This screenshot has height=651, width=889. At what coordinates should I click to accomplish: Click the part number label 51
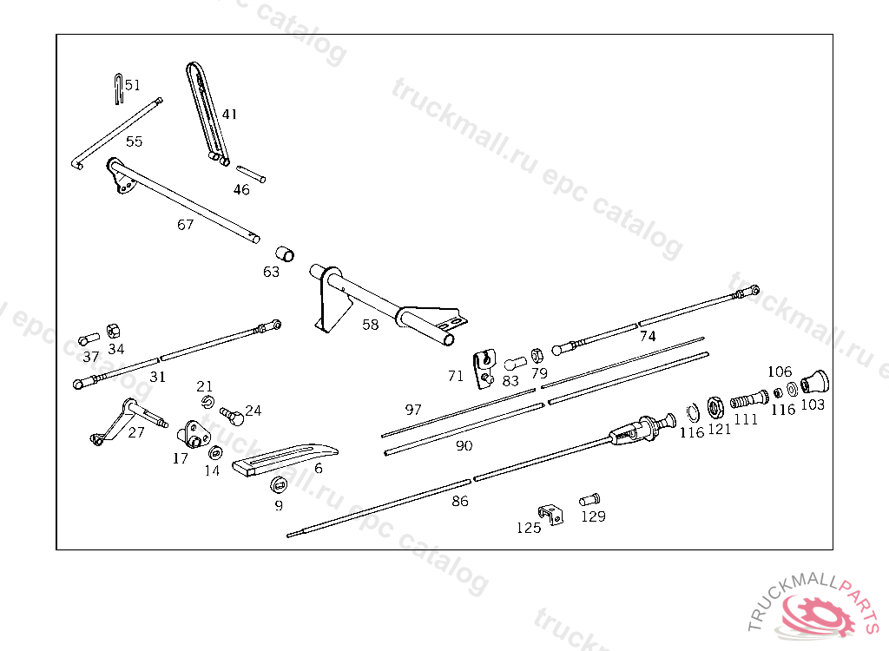[x=132, y=85]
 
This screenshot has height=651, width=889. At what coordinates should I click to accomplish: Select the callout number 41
[x=229, y=114]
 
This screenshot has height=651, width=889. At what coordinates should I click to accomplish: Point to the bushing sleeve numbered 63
[x=285, y=253]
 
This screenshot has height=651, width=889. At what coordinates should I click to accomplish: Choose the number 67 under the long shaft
[x=185, y=224]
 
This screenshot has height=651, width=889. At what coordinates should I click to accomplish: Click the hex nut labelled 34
[x=113, y=331]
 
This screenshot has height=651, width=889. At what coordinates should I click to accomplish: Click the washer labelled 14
[x=214, y=452]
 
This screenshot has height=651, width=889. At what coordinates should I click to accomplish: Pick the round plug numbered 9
[x=278, y=484]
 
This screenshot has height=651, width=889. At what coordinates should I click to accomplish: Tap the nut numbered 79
[x=537, y=354]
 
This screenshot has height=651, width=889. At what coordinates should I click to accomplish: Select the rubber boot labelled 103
[x=815, y=382]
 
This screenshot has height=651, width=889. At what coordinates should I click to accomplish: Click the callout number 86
[x=460, y=501]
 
